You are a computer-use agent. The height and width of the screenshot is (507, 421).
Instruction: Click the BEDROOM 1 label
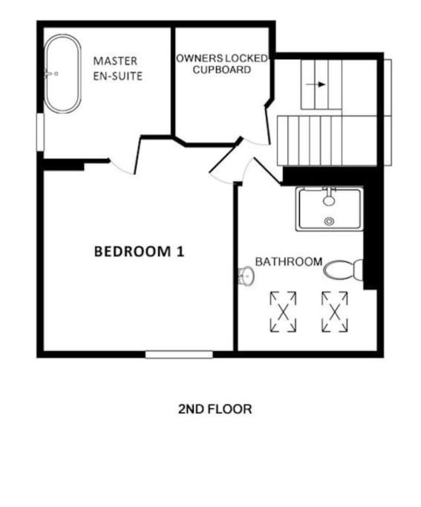click(139, 252)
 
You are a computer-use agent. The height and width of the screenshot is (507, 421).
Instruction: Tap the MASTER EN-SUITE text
click(118, 68)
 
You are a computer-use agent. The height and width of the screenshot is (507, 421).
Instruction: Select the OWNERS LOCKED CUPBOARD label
click(222, 64)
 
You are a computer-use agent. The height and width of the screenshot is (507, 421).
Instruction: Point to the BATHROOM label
click(289, 261)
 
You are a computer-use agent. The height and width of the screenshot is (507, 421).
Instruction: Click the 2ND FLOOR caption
click(215, 409)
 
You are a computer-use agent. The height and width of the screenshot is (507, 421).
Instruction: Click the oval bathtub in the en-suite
click(62, 73)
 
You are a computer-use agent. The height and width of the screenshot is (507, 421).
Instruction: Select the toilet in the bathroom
click(343, 270)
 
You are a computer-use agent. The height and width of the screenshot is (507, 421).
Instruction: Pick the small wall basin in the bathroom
click(246, 276)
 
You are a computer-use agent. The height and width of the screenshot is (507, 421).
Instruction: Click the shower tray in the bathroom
click(329, 209)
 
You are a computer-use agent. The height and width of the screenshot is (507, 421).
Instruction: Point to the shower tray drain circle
click(329, 221)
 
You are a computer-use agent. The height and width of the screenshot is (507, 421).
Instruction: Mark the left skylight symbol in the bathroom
click(283, 312)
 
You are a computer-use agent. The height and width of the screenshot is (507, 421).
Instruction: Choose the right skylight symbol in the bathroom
click(335, 312)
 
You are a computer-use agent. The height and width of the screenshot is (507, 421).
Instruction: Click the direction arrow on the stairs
click(316, 85)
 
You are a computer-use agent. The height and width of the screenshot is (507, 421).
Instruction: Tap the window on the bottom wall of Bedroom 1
click(179, 355)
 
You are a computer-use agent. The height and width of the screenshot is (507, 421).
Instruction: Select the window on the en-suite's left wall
click(40, 131)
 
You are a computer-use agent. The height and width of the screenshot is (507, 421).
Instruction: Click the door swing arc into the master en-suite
click(121, 169)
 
